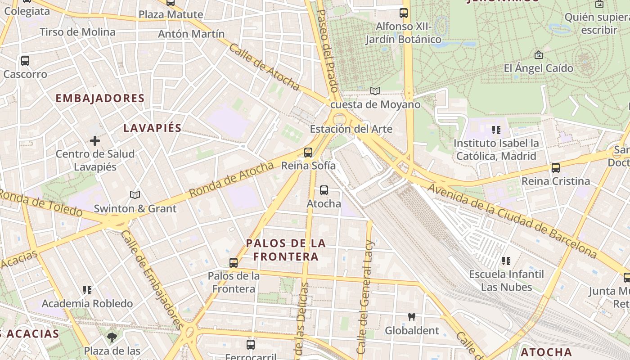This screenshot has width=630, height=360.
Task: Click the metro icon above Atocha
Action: click(324, 190)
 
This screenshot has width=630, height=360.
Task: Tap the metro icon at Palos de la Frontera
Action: click(233, 262)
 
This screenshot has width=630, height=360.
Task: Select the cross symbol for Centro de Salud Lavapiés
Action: click(94, 141)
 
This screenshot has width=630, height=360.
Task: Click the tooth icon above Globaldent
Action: click(411, 317)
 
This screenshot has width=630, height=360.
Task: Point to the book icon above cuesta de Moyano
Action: click(375, 91)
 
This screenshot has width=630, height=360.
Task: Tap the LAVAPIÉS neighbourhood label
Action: click(153, 128)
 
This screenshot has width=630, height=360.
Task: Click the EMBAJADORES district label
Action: click(100, 98)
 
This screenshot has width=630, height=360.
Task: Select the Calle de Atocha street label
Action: click(264, 67)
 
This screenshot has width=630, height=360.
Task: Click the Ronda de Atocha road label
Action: click(231, 179)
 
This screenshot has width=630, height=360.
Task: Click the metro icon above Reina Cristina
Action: click(556, 168)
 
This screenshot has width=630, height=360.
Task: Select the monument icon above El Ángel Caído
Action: click(538, 55)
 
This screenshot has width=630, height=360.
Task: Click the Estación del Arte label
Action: click(351, 129)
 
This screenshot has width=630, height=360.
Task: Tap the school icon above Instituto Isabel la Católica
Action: click(496, 130)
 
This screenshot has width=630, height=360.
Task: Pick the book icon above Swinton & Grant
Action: click(135, 195)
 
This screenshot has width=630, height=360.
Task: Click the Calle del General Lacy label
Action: click(365, 297)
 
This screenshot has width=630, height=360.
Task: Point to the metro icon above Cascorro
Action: click(25, 60)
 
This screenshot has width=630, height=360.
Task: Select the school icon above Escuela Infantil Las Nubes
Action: click(506, 261)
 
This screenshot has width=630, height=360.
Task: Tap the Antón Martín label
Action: click(191, 34)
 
